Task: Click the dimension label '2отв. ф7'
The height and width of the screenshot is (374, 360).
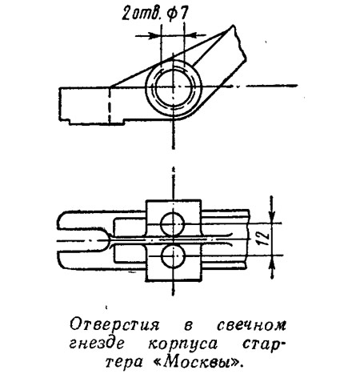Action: (155, 14)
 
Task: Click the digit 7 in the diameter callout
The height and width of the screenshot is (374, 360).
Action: (182, 14)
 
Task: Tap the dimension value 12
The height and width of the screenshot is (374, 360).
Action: (263, 239)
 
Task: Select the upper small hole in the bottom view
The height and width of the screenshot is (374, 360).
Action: (173, 224)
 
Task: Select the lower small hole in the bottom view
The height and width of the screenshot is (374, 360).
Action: (173, 257)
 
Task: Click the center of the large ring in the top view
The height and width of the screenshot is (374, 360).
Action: (174, 86)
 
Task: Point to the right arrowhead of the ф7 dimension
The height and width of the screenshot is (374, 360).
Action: (190, 35)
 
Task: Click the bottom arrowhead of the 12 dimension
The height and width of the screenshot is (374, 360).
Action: (272, 263)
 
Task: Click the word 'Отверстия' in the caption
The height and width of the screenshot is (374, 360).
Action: (115, 325)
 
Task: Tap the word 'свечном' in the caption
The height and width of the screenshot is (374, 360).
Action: (251, 326)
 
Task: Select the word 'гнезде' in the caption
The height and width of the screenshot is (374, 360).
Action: (97, 344)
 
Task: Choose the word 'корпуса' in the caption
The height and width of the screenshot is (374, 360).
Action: (182, 344)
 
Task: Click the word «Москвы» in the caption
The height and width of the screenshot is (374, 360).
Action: (199, 362)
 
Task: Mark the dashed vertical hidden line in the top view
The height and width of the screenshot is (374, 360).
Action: (109, 106)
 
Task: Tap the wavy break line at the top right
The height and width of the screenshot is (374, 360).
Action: (239, 42)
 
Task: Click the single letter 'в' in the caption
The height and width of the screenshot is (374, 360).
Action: (188, 326)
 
